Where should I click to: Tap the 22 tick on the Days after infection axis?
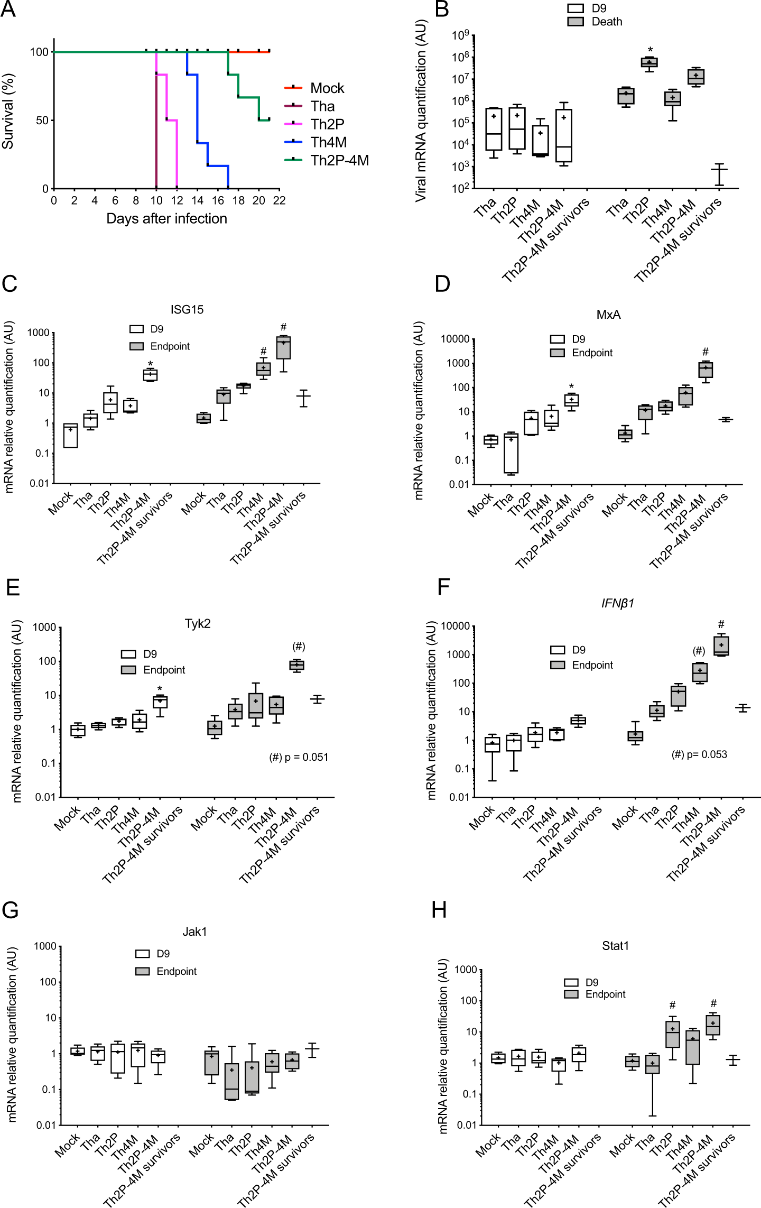[x=279, y=200]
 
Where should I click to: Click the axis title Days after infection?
[x=166, y=218]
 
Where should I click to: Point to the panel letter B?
[x=441, y=10]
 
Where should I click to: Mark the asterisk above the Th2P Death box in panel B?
[x=650, y=50]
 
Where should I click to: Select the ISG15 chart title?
[x=187, y=309]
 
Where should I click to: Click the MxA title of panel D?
[x=608, y=315]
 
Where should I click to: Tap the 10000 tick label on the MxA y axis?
[x=455, y=339]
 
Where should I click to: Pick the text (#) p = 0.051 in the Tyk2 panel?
[x=299, y=757]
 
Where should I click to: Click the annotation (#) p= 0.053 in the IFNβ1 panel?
[x=699, y=754]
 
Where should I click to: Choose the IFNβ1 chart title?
[x=617, y=603]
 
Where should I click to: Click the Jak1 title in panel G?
[x=194, y=932]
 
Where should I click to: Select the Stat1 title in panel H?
[x=615, y=946]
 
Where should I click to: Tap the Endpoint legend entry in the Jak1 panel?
[x=176, y=971]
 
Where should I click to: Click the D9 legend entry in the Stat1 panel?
[x=591, y=982]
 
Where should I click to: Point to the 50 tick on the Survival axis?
[x=42, y=121]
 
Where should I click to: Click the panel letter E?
[x=13, y=587]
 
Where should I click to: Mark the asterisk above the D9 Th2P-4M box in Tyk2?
[x=160, y=688]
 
